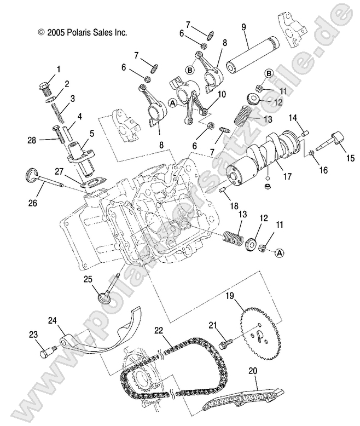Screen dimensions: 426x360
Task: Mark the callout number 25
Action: coord(88,279)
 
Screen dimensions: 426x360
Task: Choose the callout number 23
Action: coord(32,334)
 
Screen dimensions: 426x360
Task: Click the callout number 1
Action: coord(58,70)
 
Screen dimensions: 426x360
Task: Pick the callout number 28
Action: coord(32,140)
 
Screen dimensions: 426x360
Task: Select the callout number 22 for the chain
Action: coord(159,330)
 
